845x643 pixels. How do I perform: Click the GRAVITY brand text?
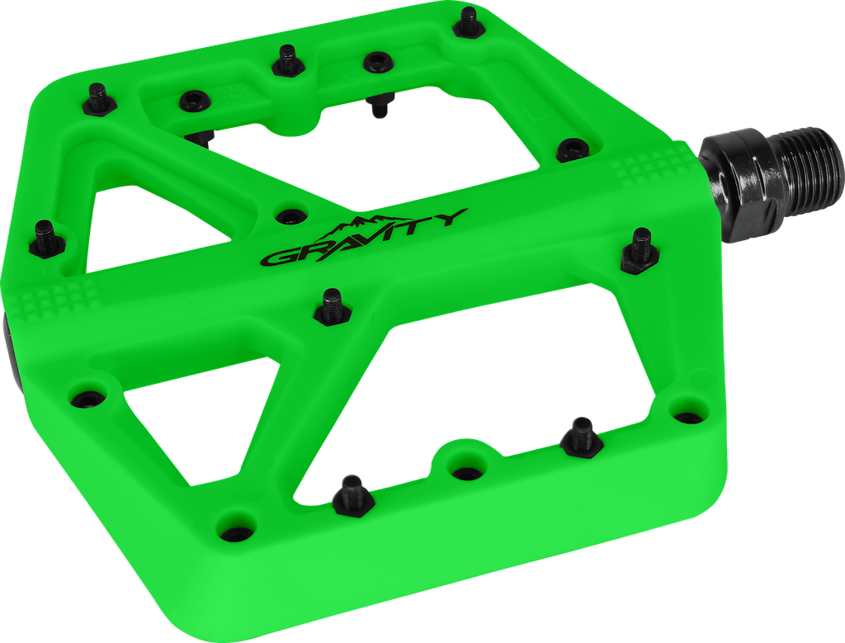coord(363,239)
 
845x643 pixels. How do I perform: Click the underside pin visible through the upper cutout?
coord(380,103)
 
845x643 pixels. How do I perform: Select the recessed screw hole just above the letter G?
coord(288,216)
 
